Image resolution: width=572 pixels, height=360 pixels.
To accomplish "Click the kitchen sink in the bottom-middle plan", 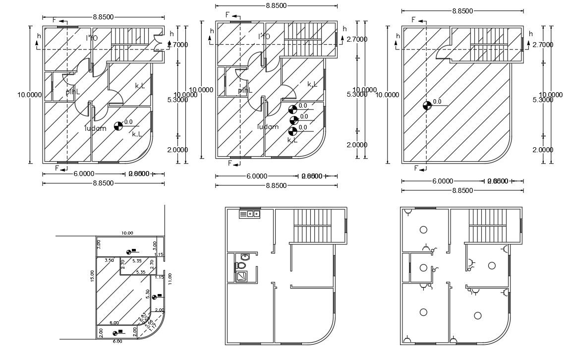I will [x=250, y=214].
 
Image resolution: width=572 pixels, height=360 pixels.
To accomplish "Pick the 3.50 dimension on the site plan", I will [x=110, y=260].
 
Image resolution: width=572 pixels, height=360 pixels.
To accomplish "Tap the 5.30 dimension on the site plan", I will [x=147, y=293].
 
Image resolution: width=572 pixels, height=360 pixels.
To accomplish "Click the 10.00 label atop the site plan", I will [x=127, y=232].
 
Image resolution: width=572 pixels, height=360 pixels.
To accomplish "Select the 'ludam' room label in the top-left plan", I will [x=95, y=128].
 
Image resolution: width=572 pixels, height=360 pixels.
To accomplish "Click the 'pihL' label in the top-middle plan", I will [x=244, y=90].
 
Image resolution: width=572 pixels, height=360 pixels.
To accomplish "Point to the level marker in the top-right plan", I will [x=427, y=105].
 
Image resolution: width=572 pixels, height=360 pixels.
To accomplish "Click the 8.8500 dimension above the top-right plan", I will [x=462, y=10].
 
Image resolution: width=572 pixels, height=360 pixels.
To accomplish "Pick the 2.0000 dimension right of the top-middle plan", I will [x=357, y=145].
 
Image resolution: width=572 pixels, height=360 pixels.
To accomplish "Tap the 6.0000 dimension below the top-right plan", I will [x=442, y=181].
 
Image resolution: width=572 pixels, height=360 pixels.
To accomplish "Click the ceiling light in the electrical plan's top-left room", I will [x=423, y=230].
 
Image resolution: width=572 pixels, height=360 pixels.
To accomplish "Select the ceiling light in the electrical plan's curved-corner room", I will [x=478, y=315].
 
